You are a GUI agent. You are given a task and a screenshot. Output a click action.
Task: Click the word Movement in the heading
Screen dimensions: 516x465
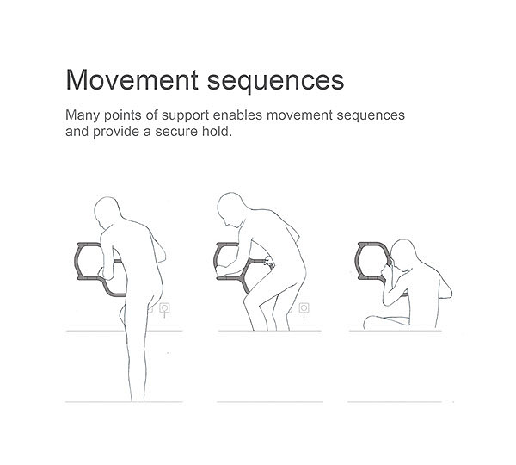[x=132, y=80]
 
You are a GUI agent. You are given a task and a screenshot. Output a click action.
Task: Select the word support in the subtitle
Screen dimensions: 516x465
[x=185, y=116]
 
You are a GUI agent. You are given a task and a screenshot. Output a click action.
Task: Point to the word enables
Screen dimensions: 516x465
[x=237, y=115]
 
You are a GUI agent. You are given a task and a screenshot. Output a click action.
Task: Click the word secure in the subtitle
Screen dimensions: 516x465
[x=175, y=132]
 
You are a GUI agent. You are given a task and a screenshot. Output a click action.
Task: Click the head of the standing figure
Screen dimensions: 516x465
[x=107, y=212]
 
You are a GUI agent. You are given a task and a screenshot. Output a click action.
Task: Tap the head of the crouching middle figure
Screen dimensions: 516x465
[x=231, y=208]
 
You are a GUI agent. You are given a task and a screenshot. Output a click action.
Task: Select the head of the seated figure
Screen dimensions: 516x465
[x=403, y=254]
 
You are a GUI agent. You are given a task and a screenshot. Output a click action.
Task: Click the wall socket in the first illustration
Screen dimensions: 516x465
[x=164, y=309]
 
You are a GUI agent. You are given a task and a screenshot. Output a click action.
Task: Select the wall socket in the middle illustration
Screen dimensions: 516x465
[x=304, y=309]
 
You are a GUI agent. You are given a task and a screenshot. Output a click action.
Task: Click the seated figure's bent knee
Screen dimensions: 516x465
[x=368, y=321]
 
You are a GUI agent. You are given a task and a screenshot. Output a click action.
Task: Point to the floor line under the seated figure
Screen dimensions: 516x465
[x=396, y=331]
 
